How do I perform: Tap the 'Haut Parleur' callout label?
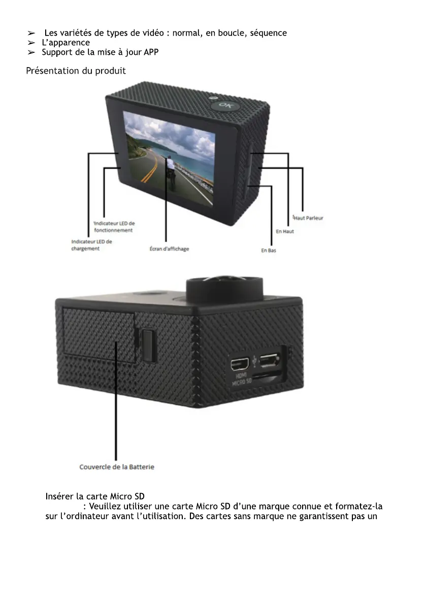coord(308,218)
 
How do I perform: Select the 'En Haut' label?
coord(285,232)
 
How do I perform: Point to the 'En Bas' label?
coord(269,251)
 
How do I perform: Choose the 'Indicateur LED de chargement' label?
coord(91,245)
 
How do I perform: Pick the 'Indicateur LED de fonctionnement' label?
coord(114,227)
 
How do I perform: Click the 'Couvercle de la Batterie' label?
coord(117,467)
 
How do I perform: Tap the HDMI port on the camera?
coord(240,364)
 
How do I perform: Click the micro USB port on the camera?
coord(272,362)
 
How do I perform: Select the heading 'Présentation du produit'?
coord(76,71)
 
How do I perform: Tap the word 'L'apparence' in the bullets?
coord(65,43)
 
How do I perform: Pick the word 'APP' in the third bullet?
coord(151,52)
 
